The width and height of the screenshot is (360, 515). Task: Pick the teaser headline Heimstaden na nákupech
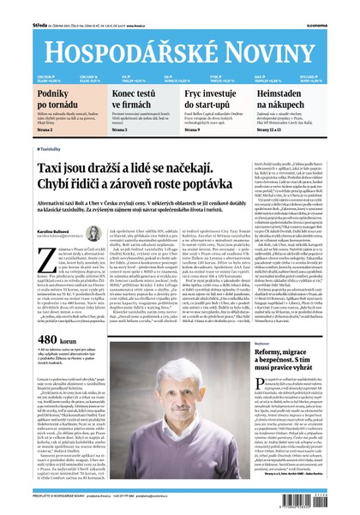click(x=299, y=98)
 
